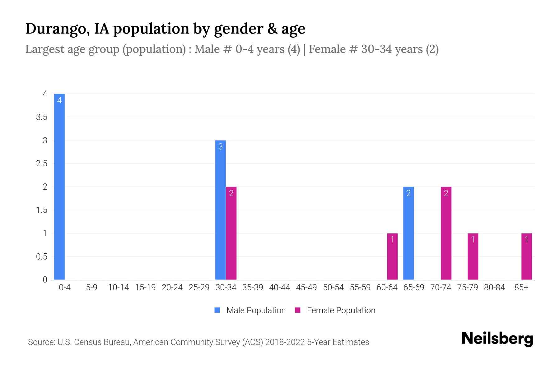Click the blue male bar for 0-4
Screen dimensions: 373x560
point(59,186)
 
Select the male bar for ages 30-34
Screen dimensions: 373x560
point(220,210)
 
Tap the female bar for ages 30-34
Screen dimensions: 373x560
point(231,233)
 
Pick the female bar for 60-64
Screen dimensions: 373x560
point(392,256)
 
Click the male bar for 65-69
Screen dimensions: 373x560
point(408,233)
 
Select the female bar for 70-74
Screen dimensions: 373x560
point(446,233)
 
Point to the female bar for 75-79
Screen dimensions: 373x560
point(473,256)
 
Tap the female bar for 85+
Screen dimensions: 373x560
point(527,256)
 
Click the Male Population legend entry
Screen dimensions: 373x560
point(256,310)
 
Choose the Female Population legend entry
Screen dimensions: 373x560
point(341,310)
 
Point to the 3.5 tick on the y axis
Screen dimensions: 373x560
point(42,117)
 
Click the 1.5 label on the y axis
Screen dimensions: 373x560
point(42,210)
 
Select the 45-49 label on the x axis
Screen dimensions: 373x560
point(306,288)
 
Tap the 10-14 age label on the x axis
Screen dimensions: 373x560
point(118,288)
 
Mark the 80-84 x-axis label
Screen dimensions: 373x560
point(494,288)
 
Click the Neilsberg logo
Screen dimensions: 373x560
point(497,338)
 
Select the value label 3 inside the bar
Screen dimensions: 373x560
point(220,147)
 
